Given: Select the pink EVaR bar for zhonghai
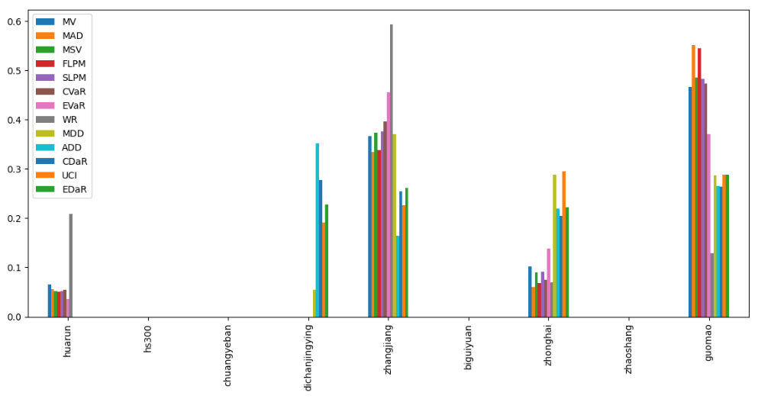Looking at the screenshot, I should click(549, 283).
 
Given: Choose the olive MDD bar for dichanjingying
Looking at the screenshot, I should click(314, 304).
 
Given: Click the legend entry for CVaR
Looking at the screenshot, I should click(74, 92).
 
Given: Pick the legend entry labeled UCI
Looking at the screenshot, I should click(72, 175).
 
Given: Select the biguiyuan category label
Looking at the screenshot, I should click(469, 347).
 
